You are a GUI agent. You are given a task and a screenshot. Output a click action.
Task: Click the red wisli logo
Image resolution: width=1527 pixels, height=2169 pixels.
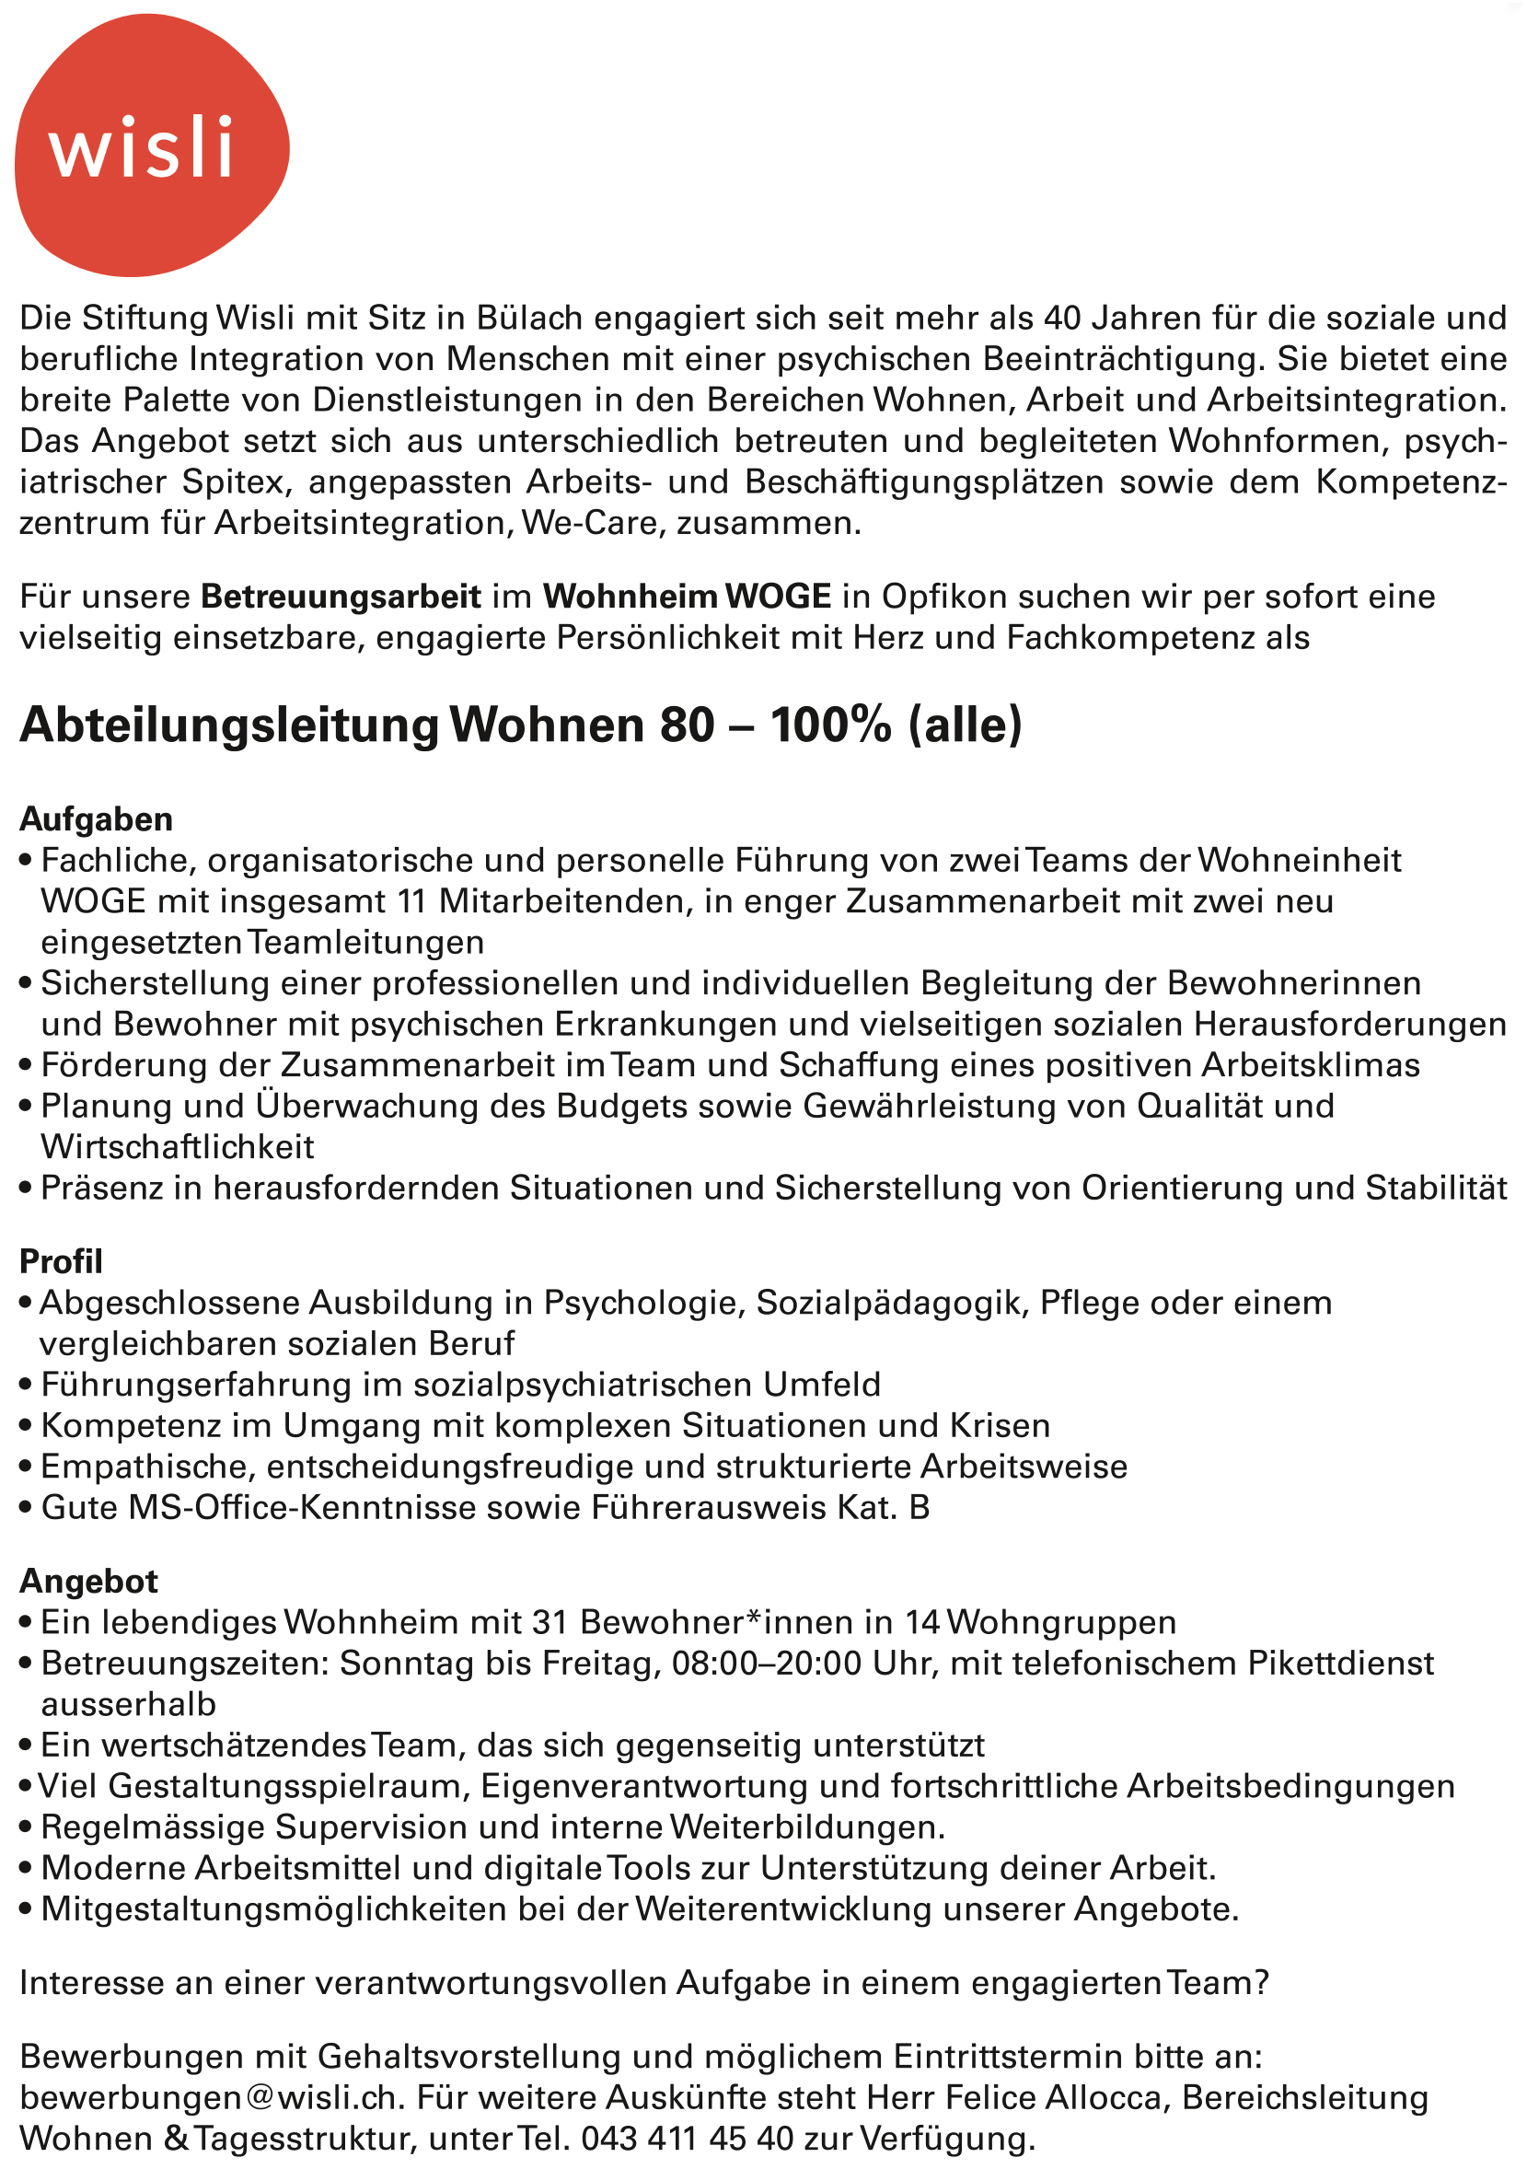(151, 146)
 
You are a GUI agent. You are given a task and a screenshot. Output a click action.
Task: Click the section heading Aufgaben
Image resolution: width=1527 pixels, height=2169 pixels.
(97, 819)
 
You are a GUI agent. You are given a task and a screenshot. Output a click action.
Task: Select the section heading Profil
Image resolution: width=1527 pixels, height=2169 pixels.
(62, 1261)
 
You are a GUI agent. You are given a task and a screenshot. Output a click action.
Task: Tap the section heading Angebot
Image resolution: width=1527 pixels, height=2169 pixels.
(88, 1581)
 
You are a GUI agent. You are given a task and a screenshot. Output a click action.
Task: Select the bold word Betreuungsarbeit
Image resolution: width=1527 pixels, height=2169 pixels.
(341, 597)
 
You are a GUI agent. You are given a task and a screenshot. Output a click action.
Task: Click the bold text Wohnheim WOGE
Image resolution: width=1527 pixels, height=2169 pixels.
(687, 597)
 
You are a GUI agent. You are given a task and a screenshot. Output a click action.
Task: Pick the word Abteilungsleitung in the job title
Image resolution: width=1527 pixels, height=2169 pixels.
(229, 725)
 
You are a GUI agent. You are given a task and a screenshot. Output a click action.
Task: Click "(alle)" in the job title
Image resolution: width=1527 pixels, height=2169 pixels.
(966, 725)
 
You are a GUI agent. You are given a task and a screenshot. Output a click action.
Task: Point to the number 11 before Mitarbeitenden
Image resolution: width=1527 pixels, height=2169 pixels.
(411, 901)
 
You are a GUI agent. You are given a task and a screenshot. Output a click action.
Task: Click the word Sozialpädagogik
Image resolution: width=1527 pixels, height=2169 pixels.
(888, 1303)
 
